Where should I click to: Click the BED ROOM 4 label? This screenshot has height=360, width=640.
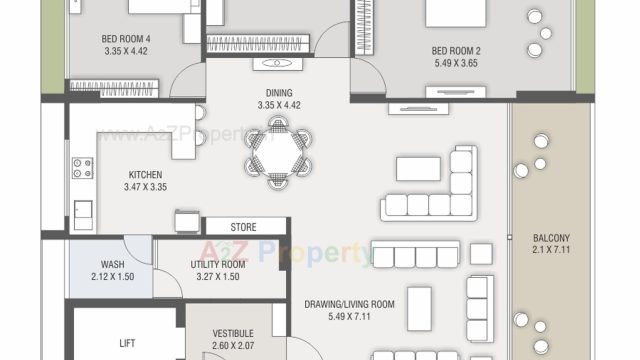[126, 39]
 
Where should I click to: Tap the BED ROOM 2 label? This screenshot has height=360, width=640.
[456, 51]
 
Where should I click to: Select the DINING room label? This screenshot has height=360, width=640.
[279, 93]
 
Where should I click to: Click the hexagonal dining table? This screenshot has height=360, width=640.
[278, 153]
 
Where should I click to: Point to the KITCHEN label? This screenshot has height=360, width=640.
[145, 175]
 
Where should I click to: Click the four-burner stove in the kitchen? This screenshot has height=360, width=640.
[82, 168]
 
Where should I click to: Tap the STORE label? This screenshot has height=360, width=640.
[243, 227]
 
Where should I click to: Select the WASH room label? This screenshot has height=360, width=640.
[113, 264]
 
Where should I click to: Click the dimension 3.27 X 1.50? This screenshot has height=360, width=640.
[218, 277]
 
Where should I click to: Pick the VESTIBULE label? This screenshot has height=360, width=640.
[233, 333]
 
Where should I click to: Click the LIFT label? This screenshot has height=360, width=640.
[127, 343]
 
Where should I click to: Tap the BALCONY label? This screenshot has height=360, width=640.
[551, 238]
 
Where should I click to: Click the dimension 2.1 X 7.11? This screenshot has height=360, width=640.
[551, 249]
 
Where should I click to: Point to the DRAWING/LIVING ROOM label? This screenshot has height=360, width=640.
[349, 304]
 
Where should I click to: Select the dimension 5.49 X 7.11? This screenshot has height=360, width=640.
[349, 316]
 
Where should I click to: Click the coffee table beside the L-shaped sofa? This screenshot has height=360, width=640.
[418, 169]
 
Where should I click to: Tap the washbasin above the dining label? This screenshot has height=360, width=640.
[278, 64]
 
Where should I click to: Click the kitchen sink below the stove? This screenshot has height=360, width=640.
[83, 215]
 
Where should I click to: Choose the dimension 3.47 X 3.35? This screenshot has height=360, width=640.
[145, 187]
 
